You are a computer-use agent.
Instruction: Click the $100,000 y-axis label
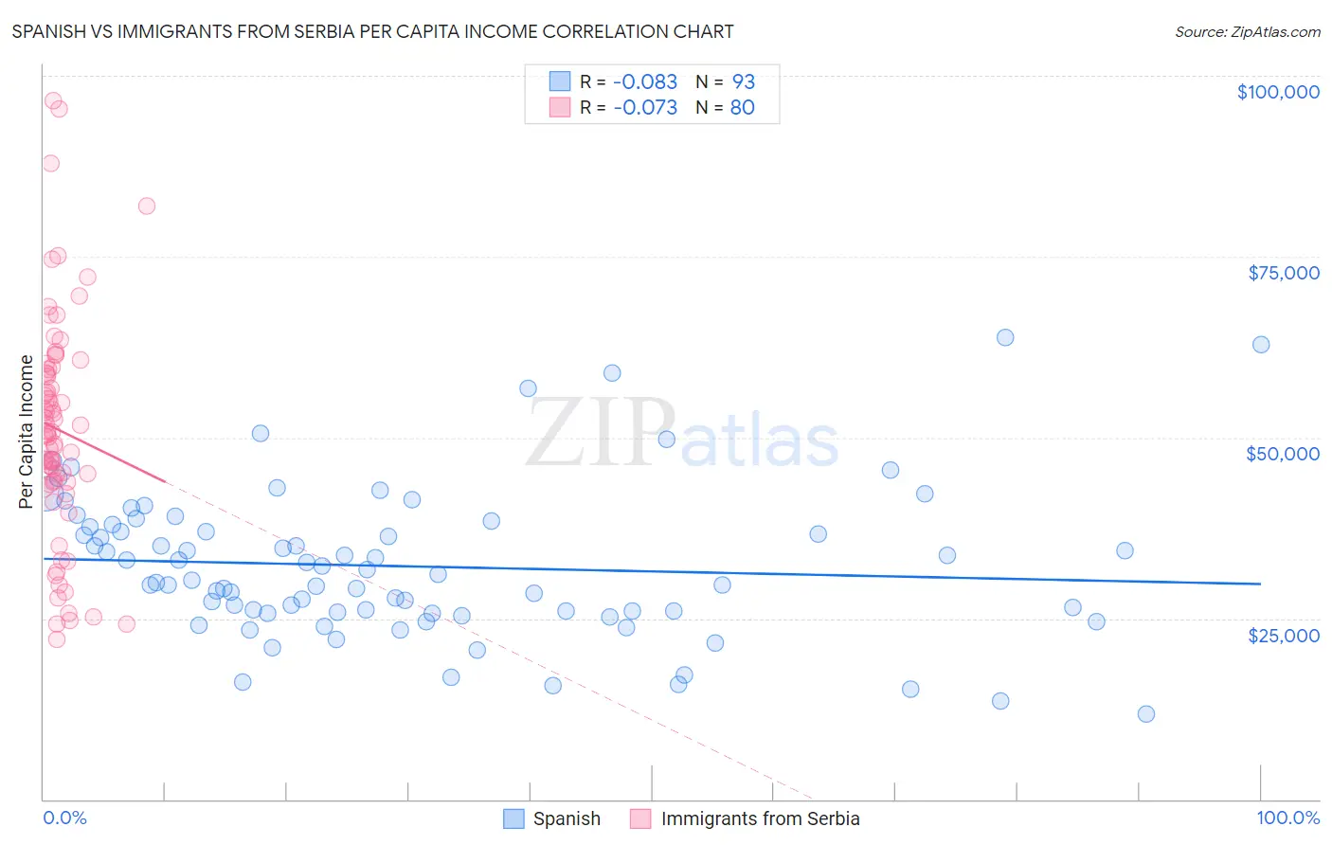point(1277,92)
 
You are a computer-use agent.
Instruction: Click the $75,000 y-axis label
point(1283,273)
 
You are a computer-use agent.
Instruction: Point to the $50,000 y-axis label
point(1282,454)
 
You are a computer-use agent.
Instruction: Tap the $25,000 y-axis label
point(1283,636)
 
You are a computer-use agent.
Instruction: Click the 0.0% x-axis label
point(64,818)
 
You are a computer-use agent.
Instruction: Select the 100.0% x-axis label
point(1287,818)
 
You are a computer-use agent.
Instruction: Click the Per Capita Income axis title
point(27,432)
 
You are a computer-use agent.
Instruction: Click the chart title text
point(372,31)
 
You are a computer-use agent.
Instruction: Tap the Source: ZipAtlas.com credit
point(1247,32)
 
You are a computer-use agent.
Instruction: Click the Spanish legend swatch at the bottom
point(513,819)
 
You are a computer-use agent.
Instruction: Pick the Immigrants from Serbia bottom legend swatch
point(640,819)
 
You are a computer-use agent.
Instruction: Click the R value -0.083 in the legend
point(644,81)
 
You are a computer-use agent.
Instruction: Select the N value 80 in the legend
point(742,108)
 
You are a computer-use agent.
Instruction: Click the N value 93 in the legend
point(743,81)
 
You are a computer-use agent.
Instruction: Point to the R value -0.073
point(644,108)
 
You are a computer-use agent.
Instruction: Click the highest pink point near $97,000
point(53,100)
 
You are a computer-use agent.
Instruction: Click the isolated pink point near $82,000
point(147,206)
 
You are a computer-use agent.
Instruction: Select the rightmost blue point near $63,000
point(1260,345)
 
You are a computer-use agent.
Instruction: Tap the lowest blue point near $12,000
point(1146,714)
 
